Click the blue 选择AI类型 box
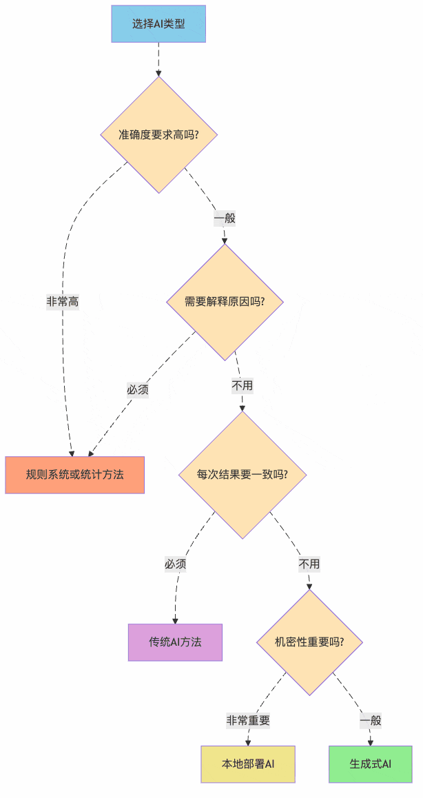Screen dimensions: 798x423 (158, 24)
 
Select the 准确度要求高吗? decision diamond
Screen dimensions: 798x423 (159, 134)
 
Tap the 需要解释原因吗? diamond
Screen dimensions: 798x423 (225, 302)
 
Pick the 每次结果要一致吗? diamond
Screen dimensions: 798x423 (243, 475)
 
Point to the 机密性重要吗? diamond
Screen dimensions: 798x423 (309, 642)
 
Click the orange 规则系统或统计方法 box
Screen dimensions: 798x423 (74, 475)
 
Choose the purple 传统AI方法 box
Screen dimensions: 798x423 (175, 642)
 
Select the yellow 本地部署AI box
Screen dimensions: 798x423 (248, 764)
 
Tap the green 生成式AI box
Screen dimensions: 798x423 (371, 764)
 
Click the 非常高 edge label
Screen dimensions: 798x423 (63, 302)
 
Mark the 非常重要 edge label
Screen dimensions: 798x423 (248, 721)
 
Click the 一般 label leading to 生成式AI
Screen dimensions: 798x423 (371, 721)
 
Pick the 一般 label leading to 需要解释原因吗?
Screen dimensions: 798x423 (225, 218)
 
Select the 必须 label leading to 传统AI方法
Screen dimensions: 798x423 (175, 564)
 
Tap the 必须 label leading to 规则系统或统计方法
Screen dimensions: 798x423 (138, 389)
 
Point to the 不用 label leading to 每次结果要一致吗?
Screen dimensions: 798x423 (242, 385)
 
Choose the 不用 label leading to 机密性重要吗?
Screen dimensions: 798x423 (309, 564)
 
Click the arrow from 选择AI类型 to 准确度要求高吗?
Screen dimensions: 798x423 (158, 59)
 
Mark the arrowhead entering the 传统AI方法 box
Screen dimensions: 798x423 (175, 620)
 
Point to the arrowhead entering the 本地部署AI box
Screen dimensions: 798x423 (248, 742)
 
